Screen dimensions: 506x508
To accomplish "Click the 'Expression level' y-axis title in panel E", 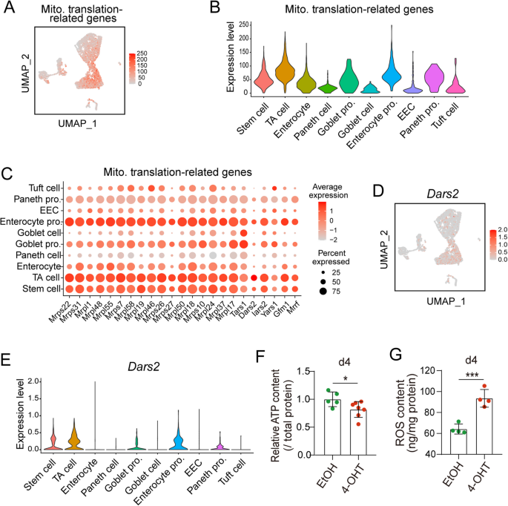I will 10,415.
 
